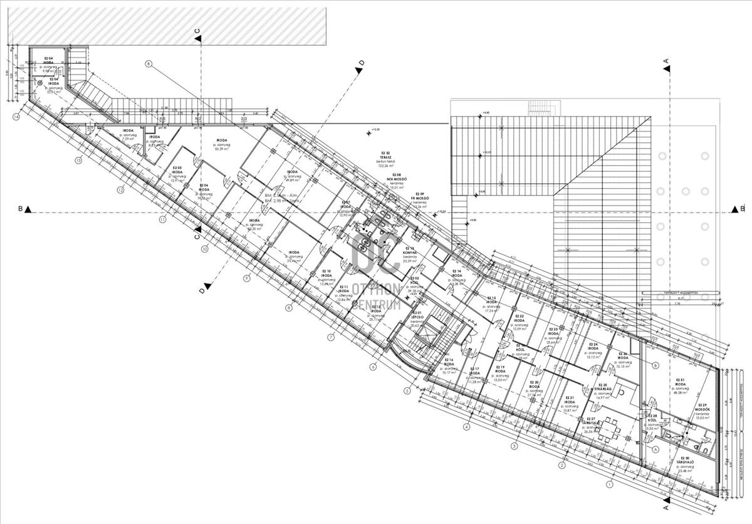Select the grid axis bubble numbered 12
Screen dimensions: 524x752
(x=120, y=189)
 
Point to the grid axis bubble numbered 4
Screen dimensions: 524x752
(x=466, y=427)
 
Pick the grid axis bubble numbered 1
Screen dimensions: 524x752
(x=608, y=484)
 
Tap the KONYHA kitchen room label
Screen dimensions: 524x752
(x=410, y=252)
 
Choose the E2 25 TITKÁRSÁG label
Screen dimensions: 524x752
(x=602, y=388)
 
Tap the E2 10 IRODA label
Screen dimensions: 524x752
(x=326, y=274)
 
